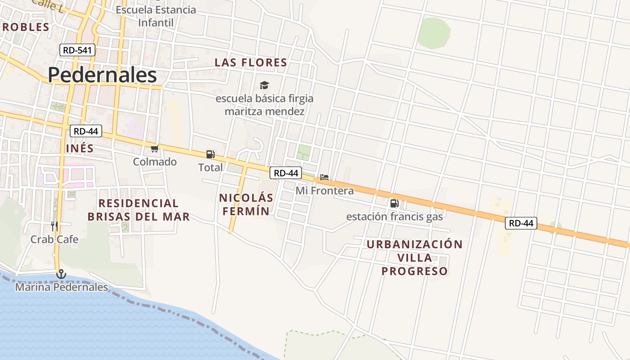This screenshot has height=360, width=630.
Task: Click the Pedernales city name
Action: pos(102,75)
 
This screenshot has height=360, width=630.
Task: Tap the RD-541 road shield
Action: pos(77,50)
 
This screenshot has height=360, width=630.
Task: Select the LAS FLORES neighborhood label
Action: pos(251,63)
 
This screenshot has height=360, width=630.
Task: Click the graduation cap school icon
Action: pos(264,85)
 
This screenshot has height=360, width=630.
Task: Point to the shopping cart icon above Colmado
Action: pos(155,148)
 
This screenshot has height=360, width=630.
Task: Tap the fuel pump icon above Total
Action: pos(210,154)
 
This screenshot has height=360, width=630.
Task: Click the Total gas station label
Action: pos(211,167)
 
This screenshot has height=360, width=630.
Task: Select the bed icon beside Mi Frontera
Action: pos(324,177)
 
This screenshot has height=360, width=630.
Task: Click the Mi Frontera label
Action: pos(324,191)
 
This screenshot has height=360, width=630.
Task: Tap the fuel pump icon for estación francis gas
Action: pos(394,203)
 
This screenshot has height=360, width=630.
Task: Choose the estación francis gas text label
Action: pos(395,216)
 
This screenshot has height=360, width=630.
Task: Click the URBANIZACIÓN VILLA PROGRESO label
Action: pos(414,257)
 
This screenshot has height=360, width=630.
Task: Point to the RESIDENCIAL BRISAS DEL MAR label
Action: pos(139,210)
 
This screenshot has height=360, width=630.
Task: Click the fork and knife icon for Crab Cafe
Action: pos(54,226)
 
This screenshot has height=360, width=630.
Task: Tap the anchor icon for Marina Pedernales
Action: pos(61,274)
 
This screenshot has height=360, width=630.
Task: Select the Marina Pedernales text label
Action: pos(62,287)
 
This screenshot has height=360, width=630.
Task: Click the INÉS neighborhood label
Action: pos(80,148)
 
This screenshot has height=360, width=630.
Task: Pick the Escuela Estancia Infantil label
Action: pos(156,16)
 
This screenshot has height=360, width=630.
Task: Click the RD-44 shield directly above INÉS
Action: pos(86,131)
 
